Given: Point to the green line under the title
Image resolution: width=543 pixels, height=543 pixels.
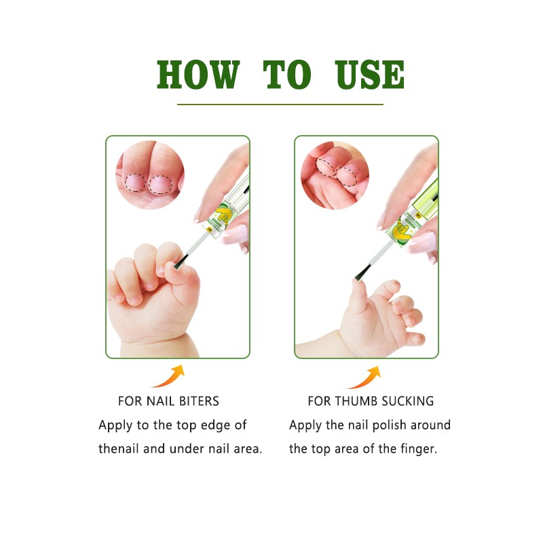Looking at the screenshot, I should click(x=280, y=105).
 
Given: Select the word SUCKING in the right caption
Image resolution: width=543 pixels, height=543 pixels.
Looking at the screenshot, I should click(x=407, y=401).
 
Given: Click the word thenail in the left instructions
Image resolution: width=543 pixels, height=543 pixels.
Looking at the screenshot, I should click(x=120, y=449).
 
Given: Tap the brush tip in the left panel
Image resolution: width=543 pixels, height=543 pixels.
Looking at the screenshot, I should click(x=179, y=263).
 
